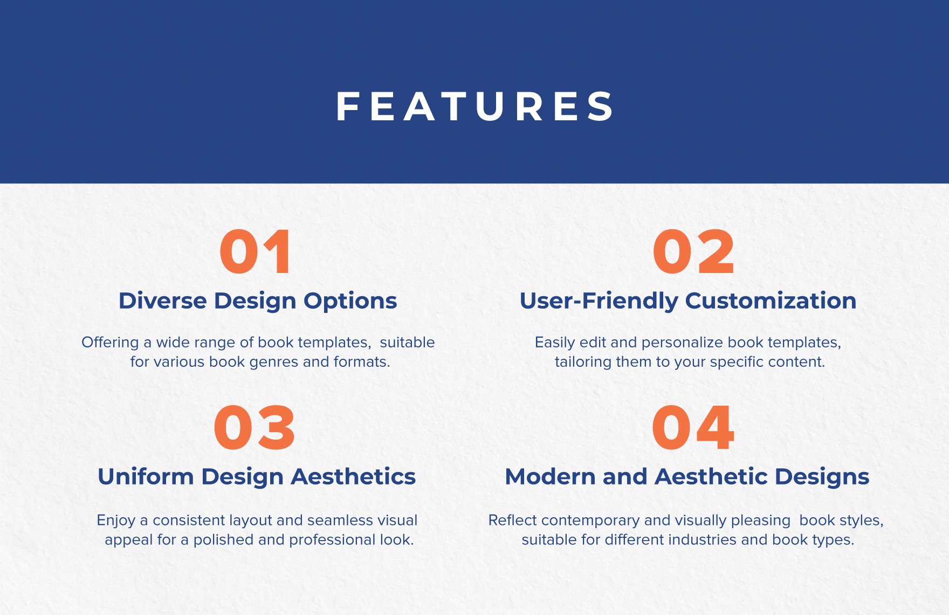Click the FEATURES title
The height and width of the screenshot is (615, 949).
[x=474, y=106]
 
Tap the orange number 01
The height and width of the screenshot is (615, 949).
[x=256, y=252]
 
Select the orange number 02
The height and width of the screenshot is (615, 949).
[x=693, y=252]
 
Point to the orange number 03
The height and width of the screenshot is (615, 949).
[x=254, y=428]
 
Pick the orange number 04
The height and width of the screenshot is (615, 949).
[x=693, y=428]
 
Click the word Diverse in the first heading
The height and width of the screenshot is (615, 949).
[x=162, y=300]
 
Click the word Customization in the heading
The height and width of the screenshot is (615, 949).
[x=771, y=300]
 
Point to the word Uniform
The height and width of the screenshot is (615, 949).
[x=146, y=476]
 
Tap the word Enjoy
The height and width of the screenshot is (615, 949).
[x=116, y=521]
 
